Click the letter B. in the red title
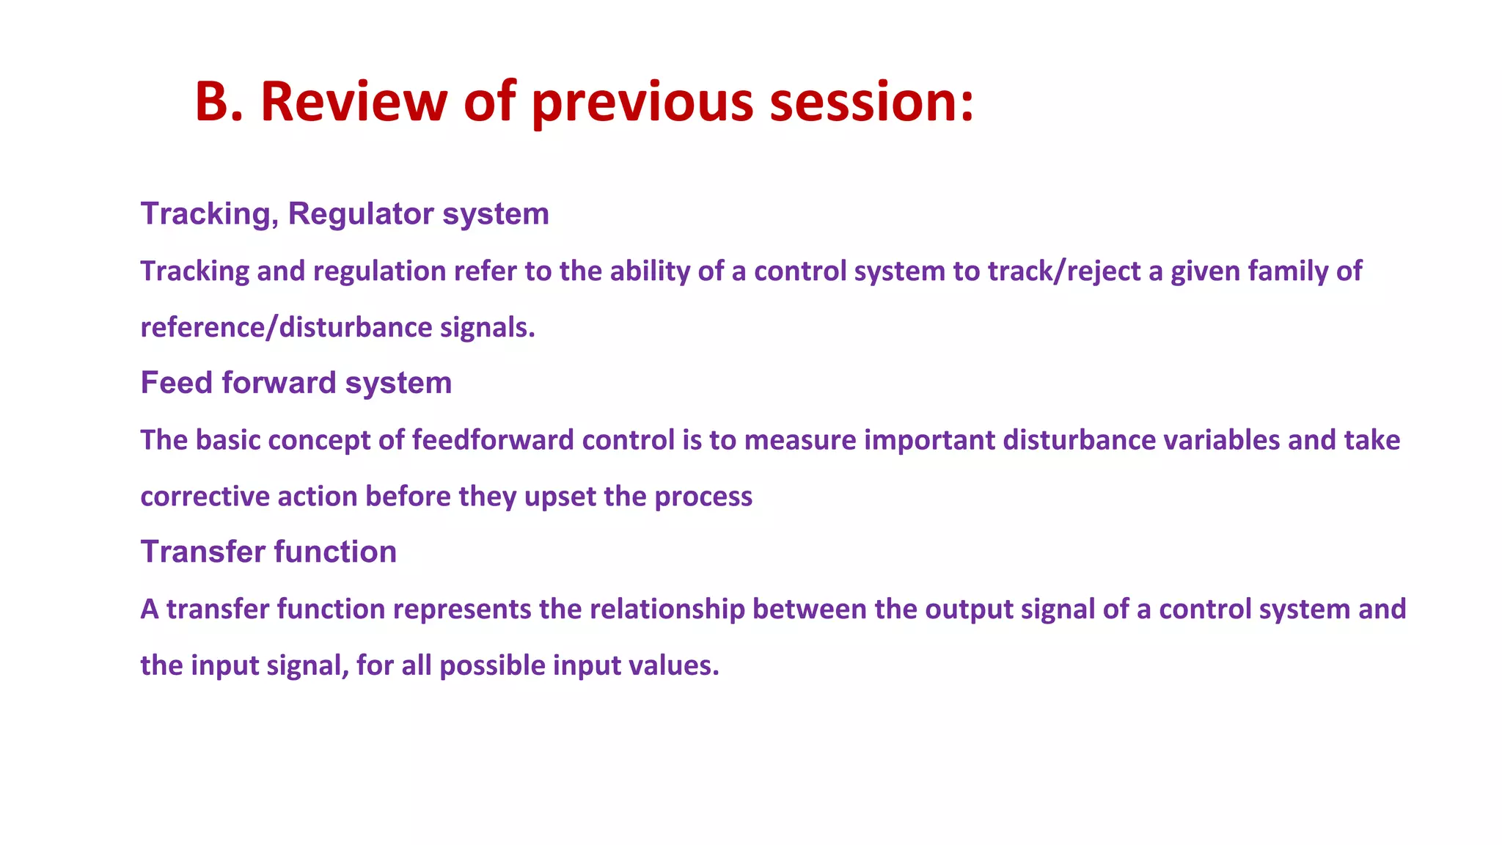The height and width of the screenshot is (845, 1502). tap(219, 101)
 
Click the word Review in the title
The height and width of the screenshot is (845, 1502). tap(353, 101)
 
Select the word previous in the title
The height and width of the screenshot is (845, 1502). tap(642, 103)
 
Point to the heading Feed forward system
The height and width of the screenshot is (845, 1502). tap(296, 383)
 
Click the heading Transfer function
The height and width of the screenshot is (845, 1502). tap(268, 552)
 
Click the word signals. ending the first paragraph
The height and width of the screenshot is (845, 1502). tap(488, 328)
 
